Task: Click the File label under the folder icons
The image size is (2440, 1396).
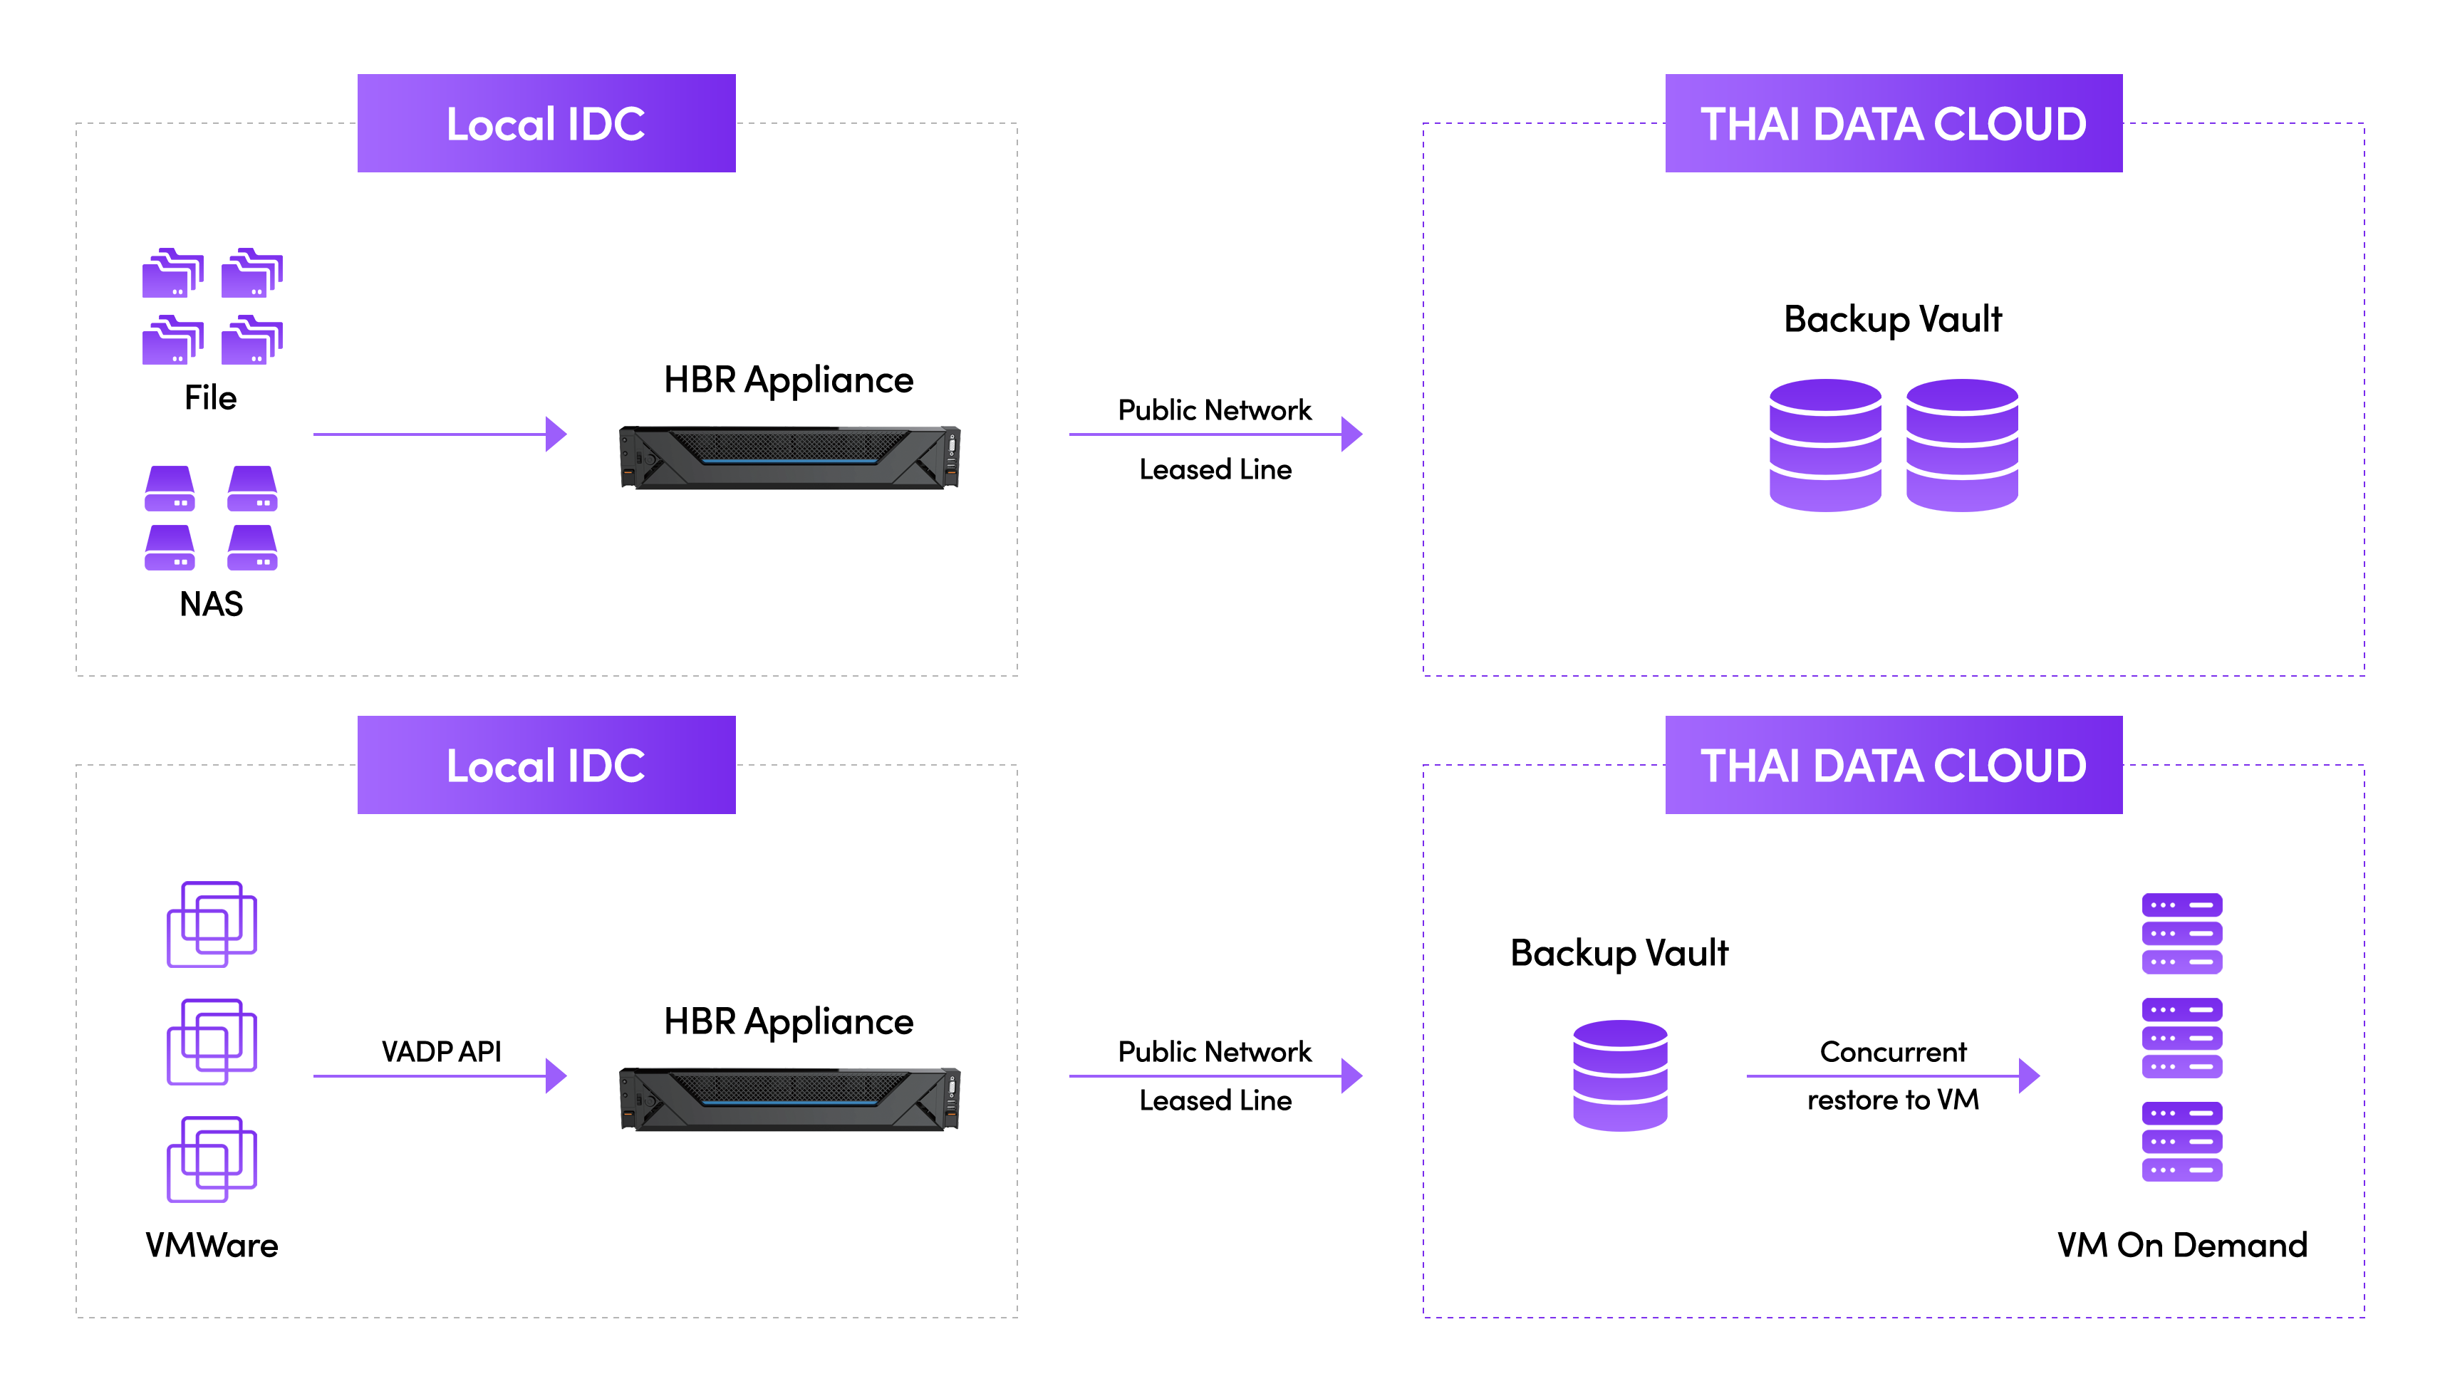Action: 210,398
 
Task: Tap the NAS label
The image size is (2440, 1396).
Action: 211,604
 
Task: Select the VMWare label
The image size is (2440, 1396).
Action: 212,1246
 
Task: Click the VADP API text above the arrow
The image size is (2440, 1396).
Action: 441,1052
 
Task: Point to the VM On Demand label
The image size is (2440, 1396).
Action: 2182,1246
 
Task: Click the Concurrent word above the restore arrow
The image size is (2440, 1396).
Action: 1893,1052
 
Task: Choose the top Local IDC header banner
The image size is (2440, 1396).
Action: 546,124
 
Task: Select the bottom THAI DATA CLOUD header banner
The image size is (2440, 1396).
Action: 1894,765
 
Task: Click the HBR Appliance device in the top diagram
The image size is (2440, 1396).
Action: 789,457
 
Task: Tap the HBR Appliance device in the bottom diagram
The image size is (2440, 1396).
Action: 789,1099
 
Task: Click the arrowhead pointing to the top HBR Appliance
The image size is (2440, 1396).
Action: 556,434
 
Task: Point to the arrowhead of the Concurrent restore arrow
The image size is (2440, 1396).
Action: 2029,1075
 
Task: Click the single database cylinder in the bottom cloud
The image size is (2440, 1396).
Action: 1620,1075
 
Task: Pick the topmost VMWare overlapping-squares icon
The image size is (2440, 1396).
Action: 212,924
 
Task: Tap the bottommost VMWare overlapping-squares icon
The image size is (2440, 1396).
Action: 212,1160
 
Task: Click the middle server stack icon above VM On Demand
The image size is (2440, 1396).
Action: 2182,1038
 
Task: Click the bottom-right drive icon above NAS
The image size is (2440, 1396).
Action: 252,548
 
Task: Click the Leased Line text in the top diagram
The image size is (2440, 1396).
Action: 1215,470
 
